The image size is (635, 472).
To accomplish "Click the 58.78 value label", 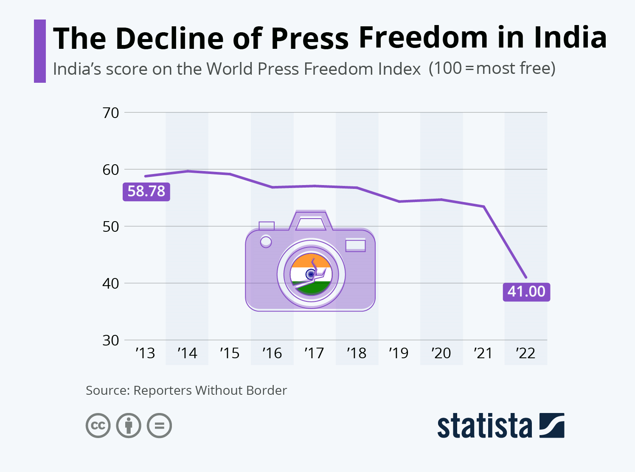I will [146, 191].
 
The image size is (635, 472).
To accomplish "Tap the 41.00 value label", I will [526, 292].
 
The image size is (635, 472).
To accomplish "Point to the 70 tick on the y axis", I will [111, 113].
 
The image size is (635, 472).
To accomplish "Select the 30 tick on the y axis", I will [111, 340].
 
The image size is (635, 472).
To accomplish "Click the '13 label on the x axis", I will [145, 353].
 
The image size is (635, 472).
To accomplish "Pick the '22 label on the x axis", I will [525, 353].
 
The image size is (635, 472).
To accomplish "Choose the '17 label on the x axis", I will [314, 353].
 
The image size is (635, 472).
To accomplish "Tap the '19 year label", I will [399, 353].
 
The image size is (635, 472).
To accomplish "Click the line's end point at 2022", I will [526, 277].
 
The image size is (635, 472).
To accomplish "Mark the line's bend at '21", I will [483, 207].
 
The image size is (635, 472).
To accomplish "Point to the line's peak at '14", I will [188, 171].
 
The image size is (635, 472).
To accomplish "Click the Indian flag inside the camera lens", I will [311, 274].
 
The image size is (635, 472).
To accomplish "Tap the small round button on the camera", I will [266, 242].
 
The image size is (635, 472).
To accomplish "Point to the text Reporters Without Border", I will [210, 391].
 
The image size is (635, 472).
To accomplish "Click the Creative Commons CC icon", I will [98, 425].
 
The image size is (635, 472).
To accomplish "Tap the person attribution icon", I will [129, 425].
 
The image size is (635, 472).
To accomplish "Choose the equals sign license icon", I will [160, 425].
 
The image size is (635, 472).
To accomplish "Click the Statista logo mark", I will [552, 425].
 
